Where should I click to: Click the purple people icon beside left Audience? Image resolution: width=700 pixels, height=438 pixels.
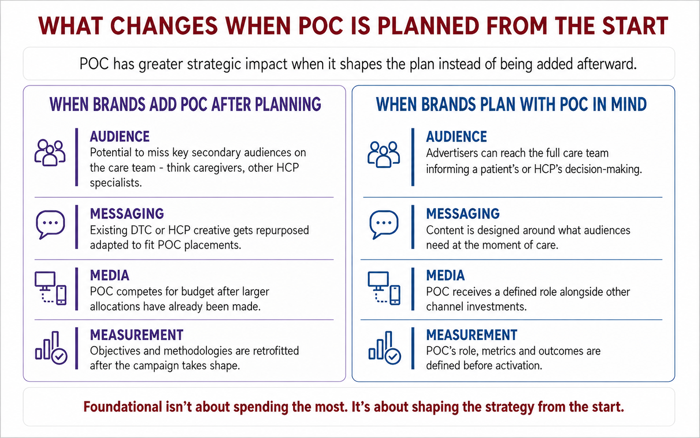click(x=50, y=154)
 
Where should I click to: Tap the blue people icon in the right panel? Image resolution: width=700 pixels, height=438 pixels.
click(x=384, y=155)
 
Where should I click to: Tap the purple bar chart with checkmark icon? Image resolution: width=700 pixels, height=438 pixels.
click(x=51, y=347)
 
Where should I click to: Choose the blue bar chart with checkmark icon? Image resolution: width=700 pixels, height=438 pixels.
click(x=385, y=347)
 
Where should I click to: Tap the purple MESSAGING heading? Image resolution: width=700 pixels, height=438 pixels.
click(x=127, y=214)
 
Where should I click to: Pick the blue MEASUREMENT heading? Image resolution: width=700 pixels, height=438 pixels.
click(x=471, y=335)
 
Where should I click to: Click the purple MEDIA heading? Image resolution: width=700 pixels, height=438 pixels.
click(x=110, y=276)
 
